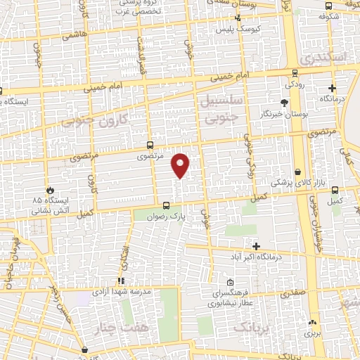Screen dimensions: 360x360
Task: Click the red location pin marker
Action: click(181, 165)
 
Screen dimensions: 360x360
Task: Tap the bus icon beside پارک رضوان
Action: click(166, 206)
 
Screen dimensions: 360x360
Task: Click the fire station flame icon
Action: click(50, 191)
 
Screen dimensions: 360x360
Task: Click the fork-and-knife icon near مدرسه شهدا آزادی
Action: click(120, 281)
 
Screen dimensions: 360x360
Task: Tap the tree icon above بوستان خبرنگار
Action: click(285, 103)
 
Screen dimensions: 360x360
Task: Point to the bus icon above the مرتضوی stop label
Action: click(149, 145)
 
